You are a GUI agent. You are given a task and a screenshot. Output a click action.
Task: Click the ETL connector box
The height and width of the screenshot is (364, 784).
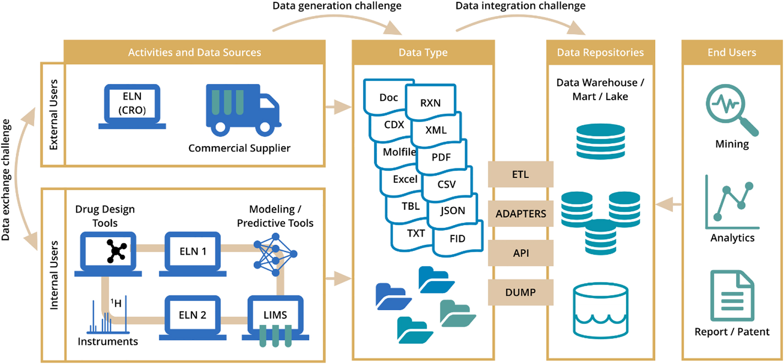(x=520, y=174)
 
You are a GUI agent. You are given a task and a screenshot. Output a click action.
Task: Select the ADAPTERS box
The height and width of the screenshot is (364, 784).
(x=520, y=214)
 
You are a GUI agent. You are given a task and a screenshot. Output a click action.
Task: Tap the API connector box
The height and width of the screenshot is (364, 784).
(x=520, y=253)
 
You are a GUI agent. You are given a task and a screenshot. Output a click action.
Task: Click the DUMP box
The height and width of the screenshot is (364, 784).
(x=520, y=292)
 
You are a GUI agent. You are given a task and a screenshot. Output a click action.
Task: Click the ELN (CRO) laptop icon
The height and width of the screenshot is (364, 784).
(x=132, y=106)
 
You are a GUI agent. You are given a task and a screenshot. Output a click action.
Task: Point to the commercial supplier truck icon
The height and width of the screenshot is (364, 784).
(x=243, y=110)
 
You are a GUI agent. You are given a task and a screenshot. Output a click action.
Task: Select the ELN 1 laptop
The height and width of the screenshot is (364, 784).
(x=193, y=253)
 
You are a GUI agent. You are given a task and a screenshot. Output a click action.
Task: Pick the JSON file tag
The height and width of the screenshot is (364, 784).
(x=452, y=211)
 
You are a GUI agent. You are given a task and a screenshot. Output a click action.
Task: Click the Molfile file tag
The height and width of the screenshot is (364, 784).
(x=398, y=152)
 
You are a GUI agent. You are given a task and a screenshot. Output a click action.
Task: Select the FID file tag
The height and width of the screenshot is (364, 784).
(x=458, y=238)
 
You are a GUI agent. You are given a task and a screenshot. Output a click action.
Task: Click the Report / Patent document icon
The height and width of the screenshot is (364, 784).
(x=732, y=296)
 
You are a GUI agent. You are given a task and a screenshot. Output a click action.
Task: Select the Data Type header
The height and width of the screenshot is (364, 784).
(x=423, y=52)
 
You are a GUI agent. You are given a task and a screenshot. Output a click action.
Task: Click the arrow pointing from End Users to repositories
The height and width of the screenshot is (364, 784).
(x=668, y=204)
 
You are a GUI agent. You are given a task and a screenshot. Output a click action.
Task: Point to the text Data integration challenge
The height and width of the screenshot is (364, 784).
(x=520, y=6)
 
